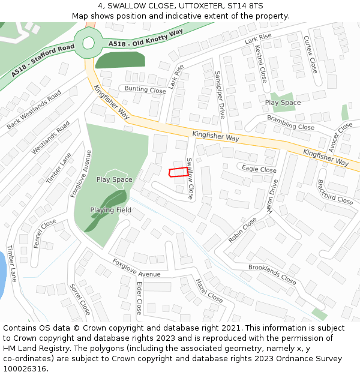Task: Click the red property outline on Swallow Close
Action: click(x=176, y=173)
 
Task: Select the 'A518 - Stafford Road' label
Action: click(x=42, y=59)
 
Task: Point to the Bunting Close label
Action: click(x=145, y=90)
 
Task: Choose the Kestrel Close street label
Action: click(x=261, y=63)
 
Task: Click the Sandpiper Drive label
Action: click(x=220, y=94)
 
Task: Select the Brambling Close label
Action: click(x=290, y=122)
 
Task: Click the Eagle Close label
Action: click(x=259, y=170)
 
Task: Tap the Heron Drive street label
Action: click(x=272, y=197)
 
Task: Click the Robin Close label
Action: click(x=242, y=230)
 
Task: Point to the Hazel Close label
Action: click(x=209, y=290)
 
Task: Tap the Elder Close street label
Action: click(x=139, y=298)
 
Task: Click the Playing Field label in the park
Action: click(x=111, y=210)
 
